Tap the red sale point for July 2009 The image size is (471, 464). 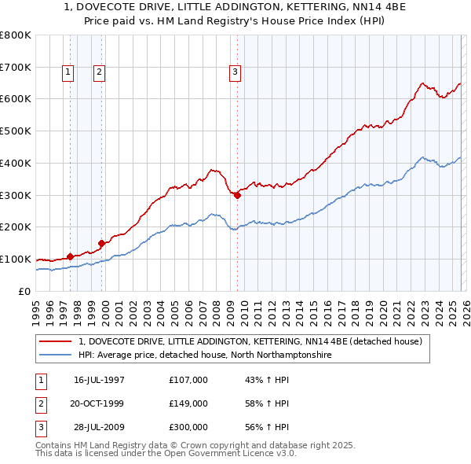pos(237,195)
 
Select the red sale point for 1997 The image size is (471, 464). pos(70,256)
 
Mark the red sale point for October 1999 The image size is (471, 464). pos(101,243)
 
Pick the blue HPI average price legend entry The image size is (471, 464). pos(205,355)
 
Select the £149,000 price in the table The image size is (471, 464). pos(188,403)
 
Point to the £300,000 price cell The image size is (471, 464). pos(188,428)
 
